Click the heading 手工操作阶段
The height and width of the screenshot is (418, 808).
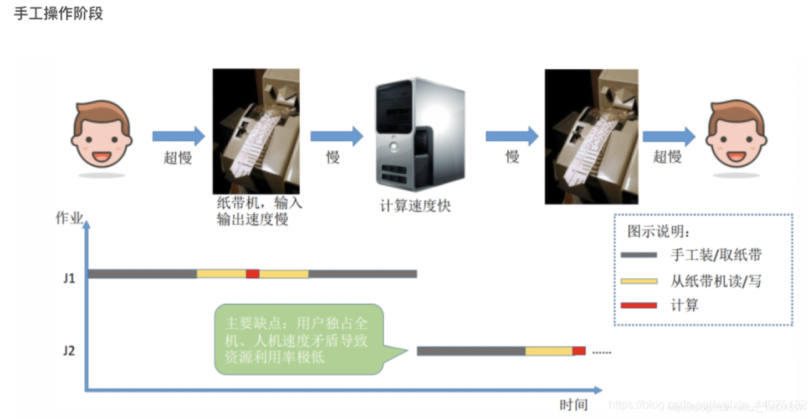[58, 13]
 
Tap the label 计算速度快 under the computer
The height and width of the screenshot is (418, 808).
[415, 206]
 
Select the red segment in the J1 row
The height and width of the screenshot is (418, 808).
[253, 274]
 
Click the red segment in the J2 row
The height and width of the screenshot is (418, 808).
[579, 351]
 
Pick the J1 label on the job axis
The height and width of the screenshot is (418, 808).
[69, 278]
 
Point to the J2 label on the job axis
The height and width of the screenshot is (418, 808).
[69, 351]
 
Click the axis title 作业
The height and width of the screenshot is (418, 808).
[69, 218]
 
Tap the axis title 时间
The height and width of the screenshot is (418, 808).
[573, 405]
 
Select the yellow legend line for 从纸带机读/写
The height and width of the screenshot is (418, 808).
[638, 282]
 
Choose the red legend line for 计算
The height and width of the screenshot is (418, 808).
[638, 305]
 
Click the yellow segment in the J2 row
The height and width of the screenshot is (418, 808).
[549, 351]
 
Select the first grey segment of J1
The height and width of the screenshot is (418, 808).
[142, 274]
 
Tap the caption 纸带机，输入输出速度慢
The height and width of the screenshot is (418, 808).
[259, 211]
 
